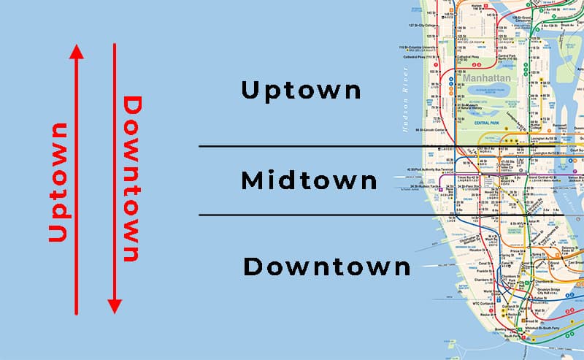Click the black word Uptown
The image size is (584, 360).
(x=301, y=91)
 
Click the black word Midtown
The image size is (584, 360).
(x=310, y=180)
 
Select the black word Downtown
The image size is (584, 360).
(x=327, y=267)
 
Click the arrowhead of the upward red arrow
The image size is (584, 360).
(x=76, y=51)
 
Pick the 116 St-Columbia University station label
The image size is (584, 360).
(x=418, y=48)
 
